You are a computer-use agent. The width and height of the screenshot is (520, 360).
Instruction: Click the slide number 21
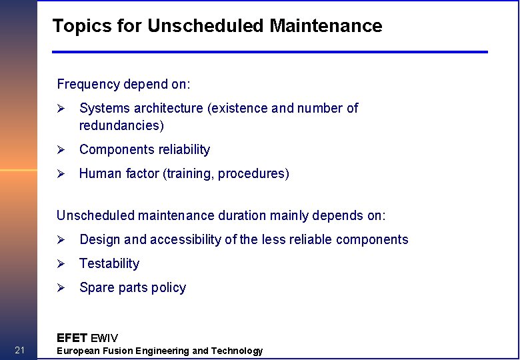[x=19, y=351]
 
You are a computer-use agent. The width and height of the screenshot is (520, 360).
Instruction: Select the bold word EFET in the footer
[x=72, y=337]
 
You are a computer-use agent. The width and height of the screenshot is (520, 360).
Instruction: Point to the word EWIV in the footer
[x=105, y=338]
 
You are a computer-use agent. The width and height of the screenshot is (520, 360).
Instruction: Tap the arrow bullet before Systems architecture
[x=59, y=108]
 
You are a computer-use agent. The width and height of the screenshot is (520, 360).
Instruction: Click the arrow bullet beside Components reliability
[x=59, y=150]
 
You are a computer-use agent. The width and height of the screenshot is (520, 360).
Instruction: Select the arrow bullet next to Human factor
[x=59, y=174]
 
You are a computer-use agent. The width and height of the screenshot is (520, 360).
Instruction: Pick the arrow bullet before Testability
[x=59, y=264]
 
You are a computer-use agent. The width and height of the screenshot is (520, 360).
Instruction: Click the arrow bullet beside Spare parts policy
[x=59, y=288]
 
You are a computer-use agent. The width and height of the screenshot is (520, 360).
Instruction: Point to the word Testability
[x=109, y=264]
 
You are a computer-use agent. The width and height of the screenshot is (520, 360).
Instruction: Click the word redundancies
[x=121, y=125]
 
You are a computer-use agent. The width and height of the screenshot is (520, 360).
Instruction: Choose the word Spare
[x=96, y=288]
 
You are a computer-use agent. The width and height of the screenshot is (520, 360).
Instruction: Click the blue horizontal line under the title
[x=270, y=52]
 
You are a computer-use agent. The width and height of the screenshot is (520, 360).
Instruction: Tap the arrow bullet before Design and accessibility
[x=59, y=240]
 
